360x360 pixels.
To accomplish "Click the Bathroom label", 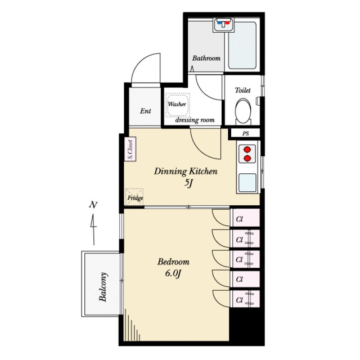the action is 206,58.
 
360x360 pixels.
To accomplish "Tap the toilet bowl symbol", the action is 243,111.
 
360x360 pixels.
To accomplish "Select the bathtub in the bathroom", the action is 242,46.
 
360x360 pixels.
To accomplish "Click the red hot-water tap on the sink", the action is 227,23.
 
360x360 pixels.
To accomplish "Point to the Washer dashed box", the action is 178,105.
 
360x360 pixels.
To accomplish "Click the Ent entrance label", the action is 146,111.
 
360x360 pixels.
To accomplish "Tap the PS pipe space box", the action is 245,133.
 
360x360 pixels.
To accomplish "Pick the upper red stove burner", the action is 247,150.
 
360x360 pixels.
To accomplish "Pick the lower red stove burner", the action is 247,159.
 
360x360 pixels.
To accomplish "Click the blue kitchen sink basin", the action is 247,182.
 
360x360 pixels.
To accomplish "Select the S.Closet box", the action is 130,149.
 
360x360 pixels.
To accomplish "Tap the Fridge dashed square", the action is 134,197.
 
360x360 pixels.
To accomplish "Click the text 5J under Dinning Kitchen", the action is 188,183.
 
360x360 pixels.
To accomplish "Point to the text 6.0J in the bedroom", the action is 173,273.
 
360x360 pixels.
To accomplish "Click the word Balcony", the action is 103,287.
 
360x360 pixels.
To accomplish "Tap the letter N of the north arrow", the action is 93,205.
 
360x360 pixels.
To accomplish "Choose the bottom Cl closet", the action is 245,299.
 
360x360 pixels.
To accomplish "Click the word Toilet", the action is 242,90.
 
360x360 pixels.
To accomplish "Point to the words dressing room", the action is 195,120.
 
